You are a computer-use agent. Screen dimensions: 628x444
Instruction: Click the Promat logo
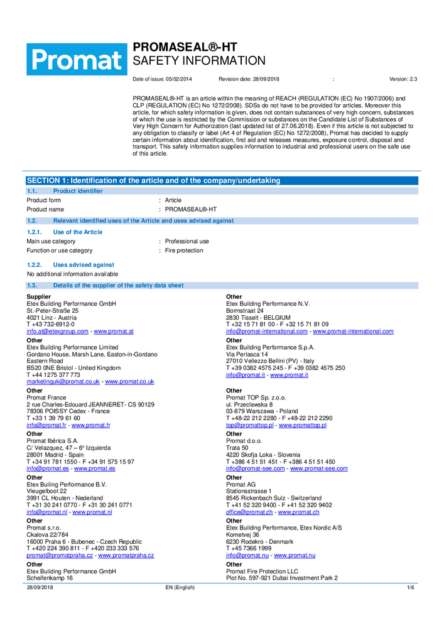[x=75, y=59]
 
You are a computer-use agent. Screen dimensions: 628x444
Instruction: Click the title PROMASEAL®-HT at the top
[x=185, y=47]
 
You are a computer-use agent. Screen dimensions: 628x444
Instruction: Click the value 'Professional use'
[x=187, y=241]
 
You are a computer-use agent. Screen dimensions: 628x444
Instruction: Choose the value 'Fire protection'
[x=184, y=251]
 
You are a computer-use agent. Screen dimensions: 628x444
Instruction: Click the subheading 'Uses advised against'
[x=84, y=265]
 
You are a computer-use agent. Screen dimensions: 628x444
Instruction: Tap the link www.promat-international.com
[x=353, y=331]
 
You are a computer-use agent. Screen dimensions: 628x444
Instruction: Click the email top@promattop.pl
[x=249, y=425]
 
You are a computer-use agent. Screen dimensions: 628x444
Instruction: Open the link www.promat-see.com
[x=318, y=468]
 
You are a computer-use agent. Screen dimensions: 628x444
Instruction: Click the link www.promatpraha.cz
[x=126, y=555]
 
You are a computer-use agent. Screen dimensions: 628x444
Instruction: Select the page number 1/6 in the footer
[x=411, y=587]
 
